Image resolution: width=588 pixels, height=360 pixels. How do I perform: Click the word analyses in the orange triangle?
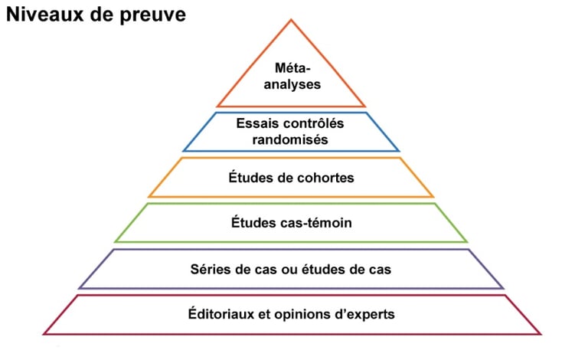292,84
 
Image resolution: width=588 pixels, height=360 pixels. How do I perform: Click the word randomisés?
290,139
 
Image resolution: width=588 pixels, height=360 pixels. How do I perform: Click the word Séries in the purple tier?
210,269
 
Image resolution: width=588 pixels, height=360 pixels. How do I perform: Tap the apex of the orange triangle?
292,20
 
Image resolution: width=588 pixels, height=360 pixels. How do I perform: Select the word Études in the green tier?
253,223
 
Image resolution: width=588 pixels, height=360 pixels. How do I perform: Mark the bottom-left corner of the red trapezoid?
44,334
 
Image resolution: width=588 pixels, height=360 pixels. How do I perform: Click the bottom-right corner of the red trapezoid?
541,334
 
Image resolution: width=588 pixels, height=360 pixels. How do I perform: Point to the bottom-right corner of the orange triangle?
365,106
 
